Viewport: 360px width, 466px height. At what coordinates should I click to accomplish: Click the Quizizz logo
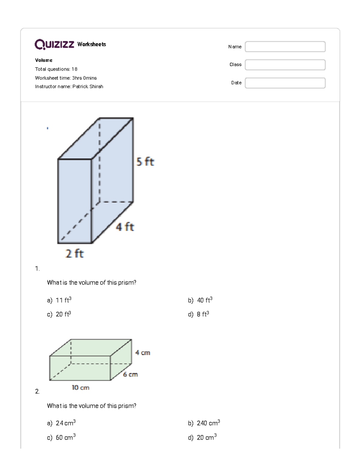click(x=54, y=44)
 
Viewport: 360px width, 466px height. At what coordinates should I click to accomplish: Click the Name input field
click(x=285, y=47)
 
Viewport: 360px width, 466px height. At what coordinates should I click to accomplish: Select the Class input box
click(x=285, y=65)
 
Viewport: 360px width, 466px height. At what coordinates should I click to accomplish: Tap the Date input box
click(x=285, y=83)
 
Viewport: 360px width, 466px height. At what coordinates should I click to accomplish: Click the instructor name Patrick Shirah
click(x=88, y=87)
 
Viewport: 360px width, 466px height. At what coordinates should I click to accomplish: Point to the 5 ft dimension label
click(x=145, y=162)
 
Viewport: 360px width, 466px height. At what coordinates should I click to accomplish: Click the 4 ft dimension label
click(x=125, y=227)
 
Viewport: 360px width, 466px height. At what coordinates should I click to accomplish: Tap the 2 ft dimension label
click(x=75, y=254)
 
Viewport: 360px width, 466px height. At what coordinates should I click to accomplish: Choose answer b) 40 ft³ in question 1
click(x=200, y=300)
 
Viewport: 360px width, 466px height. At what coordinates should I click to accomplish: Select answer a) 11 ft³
click(x=59, y=300)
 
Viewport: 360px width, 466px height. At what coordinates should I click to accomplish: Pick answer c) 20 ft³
click(x=59, y=314)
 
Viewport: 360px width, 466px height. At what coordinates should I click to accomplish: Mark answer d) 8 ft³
click(x=199, y=314)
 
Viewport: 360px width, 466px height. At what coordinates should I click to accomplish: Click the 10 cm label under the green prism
click(x=80, y=388)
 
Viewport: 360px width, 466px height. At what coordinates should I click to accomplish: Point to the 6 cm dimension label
click(x=130, y=374)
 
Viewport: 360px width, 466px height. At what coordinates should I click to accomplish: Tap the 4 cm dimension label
click(x=142, y=353)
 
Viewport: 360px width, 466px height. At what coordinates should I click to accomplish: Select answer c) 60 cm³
click(x=61, y=437)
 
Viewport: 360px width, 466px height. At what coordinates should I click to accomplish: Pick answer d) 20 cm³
click(x=202, y=437)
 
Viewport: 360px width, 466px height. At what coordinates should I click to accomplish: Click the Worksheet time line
click(x=66, y=78)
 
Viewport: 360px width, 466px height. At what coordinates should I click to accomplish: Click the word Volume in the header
click(x=44, y=60)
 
